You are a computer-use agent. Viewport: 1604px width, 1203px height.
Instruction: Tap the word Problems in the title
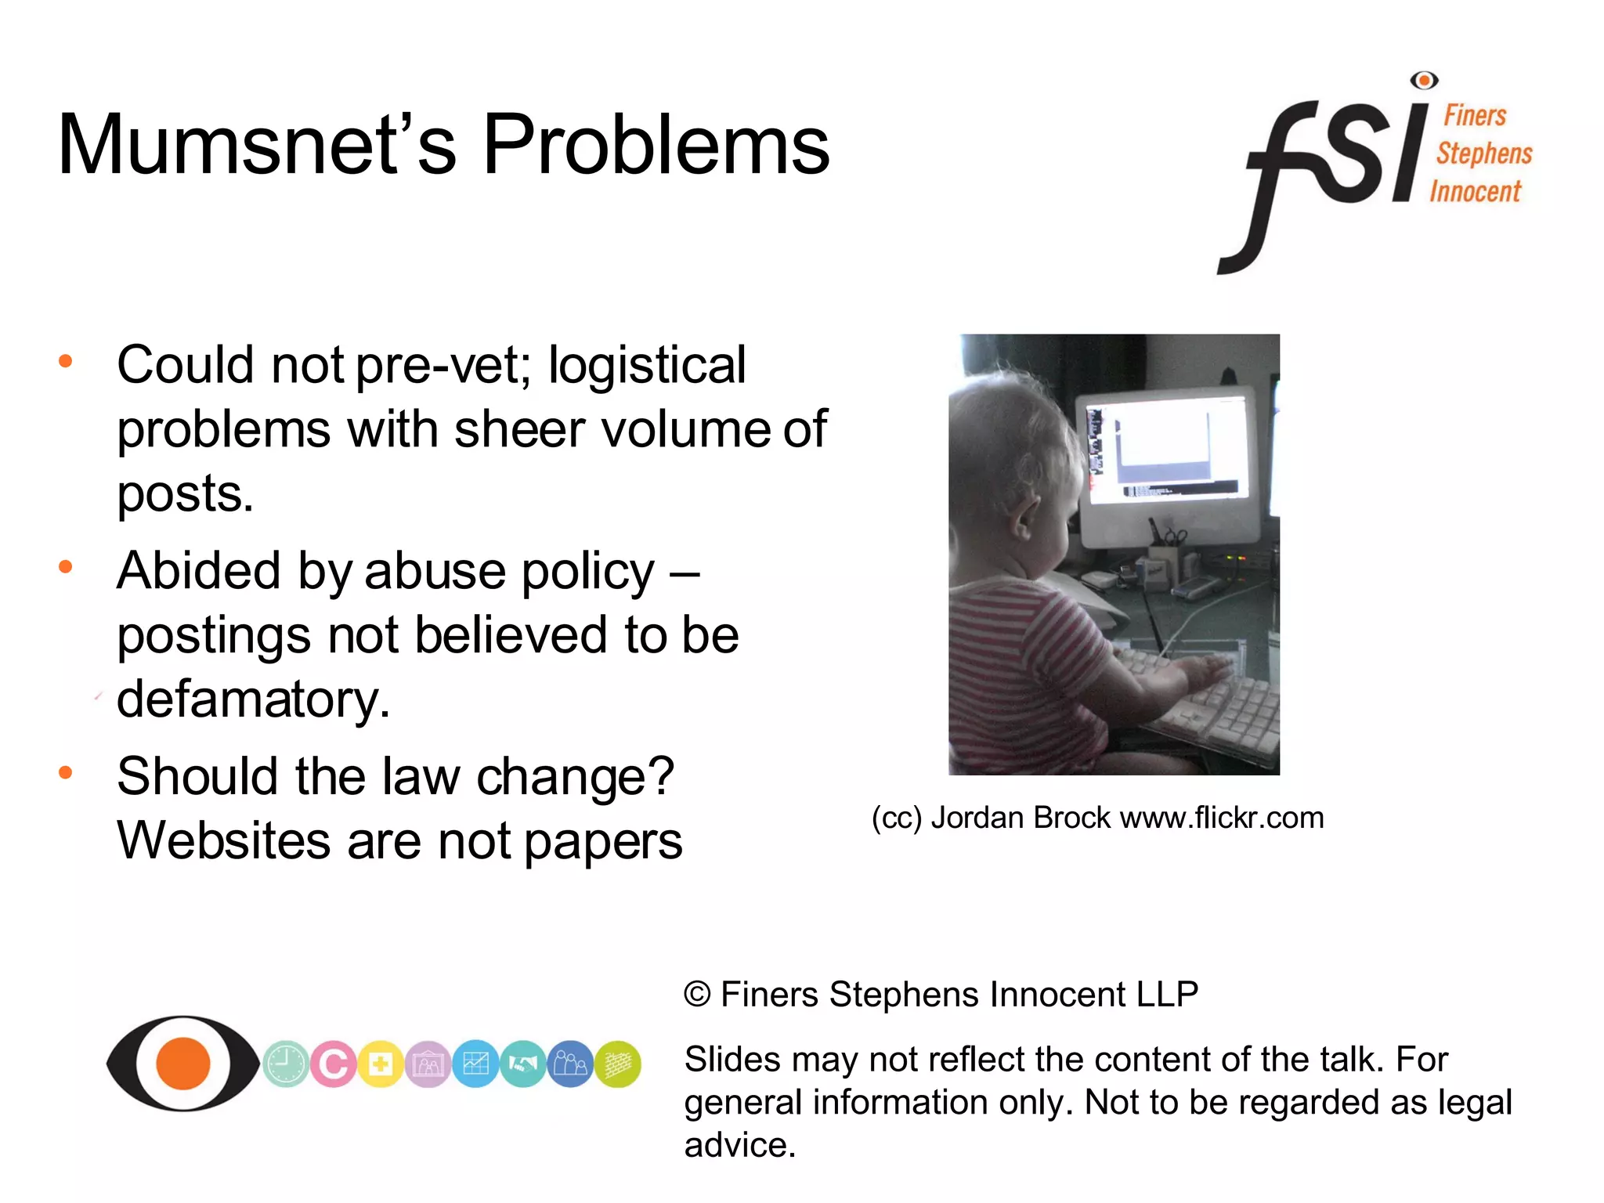point(656,145)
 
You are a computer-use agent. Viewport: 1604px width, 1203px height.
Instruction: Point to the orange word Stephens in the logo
point(1484,154)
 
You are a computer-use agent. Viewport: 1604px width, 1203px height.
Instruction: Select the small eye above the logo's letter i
point(1424,80)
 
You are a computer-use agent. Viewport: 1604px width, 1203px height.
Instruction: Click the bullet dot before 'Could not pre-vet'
point(66,361)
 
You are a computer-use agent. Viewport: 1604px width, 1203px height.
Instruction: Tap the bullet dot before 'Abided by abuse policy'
point(66,566)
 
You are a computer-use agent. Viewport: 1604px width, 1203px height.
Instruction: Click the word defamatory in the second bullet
point(252,699)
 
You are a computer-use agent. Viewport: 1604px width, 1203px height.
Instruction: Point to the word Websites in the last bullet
point(223,841)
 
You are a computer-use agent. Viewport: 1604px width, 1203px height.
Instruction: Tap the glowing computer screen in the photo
point(1167,446)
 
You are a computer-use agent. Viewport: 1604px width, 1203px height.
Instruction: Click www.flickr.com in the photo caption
point(1222,818)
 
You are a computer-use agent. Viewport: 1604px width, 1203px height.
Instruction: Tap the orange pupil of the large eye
point(183,1064)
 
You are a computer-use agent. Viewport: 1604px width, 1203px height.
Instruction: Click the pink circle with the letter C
point(334,1064)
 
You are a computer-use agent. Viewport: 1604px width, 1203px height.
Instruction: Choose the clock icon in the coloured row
point(285,1064)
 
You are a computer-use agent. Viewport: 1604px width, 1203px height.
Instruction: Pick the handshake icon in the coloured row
point(523,1064)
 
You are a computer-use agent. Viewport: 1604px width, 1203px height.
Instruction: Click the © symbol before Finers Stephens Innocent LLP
point(697,995)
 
